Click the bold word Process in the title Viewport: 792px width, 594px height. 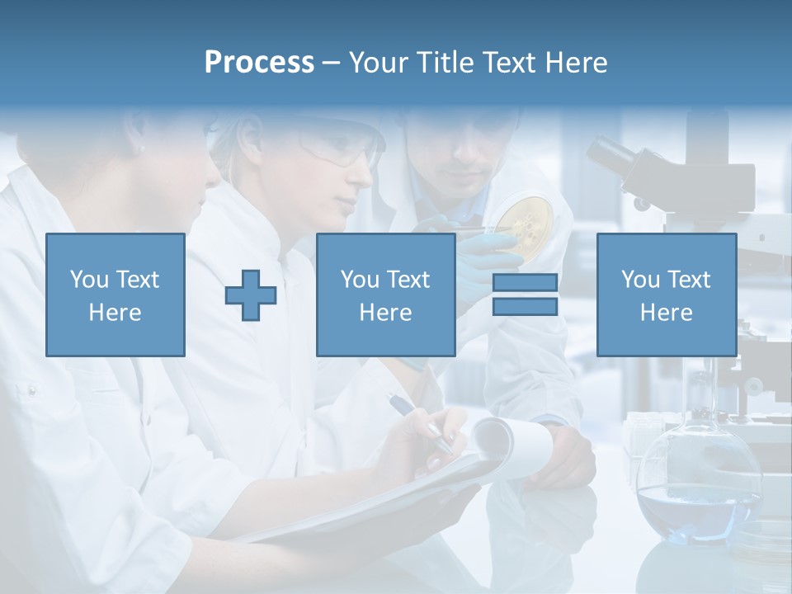259,63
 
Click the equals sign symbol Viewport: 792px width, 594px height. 525,295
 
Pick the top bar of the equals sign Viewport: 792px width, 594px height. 525,284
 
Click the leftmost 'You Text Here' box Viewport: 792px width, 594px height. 115,295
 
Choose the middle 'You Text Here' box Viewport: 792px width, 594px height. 385,295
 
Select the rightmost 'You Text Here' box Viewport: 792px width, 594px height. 666,295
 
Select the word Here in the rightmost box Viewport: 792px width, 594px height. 666,313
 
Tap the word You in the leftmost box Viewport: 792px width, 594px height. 89,280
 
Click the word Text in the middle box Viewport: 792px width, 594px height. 408,280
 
